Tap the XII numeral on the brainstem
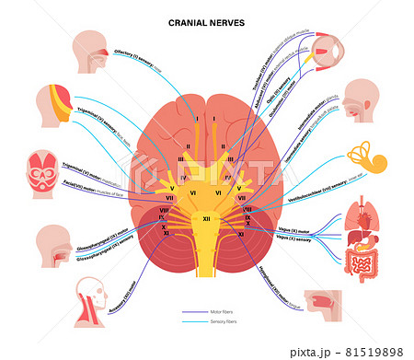(207, 217)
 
